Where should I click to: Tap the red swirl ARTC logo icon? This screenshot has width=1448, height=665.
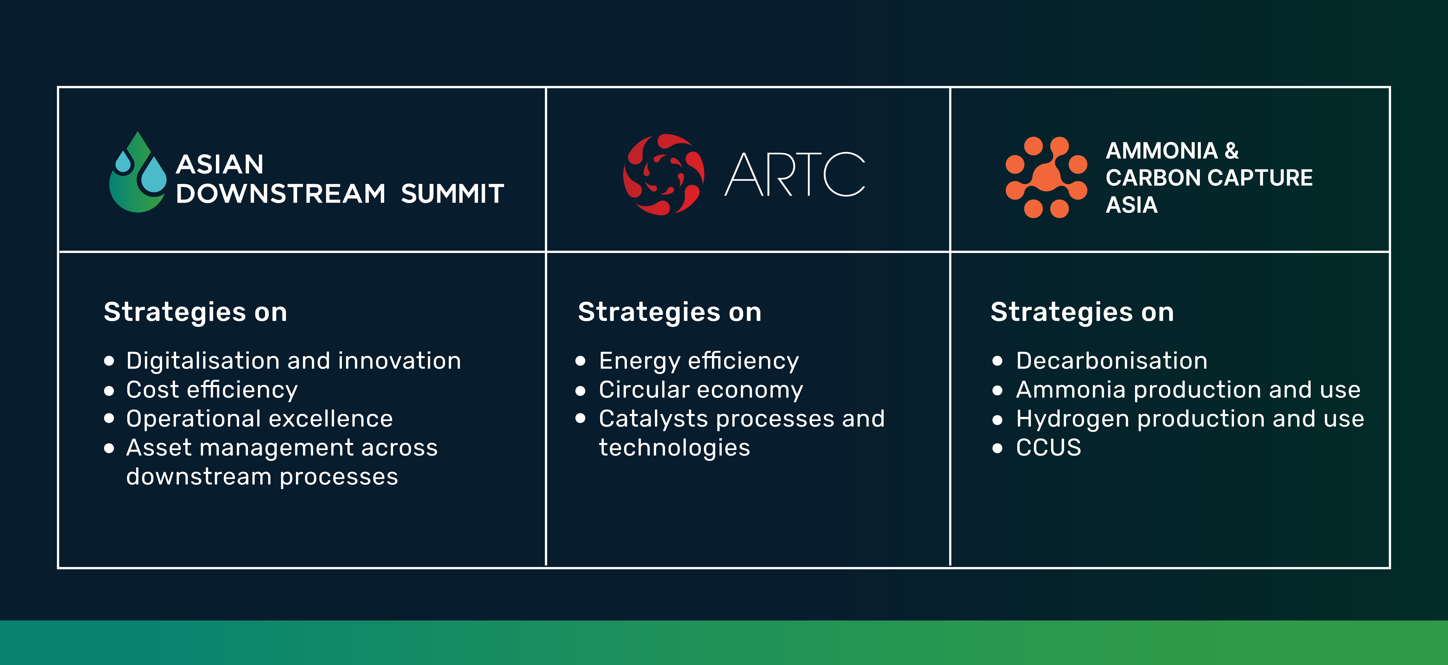point(664,174)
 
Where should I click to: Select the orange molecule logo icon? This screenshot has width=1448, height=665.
point(1046,177)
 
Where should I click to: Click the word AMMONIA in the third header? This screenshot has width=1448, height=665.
point(1162,151)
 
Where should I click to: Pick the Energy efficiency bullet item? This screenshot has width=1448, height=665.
point(699,361)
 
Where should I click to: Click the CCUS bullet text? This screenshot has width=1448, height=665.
point(1048,448)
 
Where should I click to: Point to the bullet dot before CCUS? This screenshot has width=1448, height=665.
point(998,448)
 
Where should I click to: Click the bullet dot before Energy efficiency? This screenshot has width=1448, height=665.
point(581,361)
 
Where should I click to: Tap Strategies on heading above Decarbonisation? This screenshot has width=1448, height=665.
point(1082,312)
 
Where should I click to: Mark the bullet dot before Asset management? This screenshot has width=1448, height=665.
point(109,448)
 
